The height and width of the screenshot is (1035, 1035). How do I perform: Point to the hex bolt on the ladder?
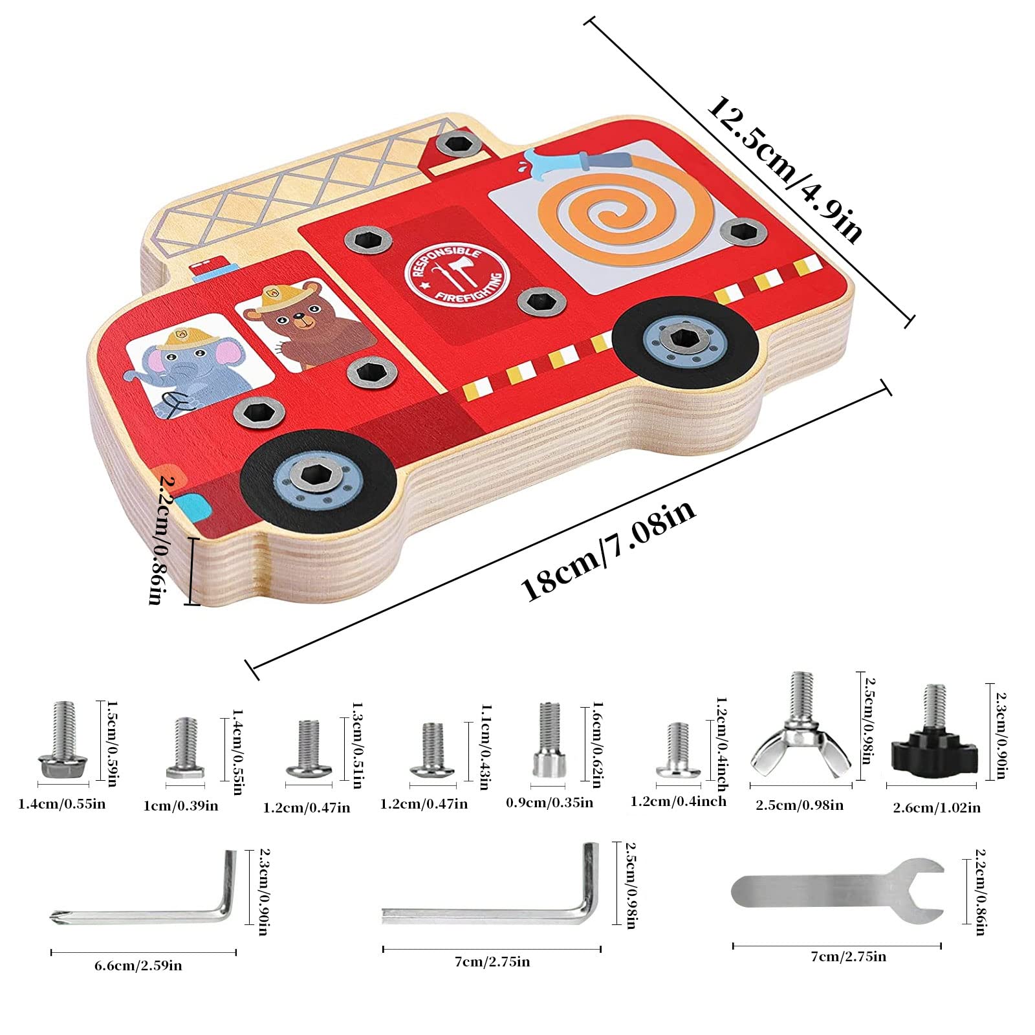pyautogui.click(x=458, y=144)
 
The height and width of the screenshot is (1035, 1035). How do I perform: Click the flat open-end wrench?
pyautogui.click(x=837, y=891)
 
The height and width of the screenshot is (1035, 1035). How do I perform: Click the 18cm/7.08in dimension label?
pyautogui.click(x=608, y=551)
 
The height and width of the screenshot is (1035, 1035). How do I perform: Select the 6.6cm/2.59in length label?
pyautogui.click(x=138, y=966)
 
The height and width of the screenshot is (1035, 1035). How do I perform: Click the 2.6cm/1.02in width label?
pyautogui.click(x=937, y=807)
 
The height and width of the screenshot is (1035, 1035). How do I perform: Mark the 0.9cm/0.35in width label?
pyautogui.click(x=549, y=803)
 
